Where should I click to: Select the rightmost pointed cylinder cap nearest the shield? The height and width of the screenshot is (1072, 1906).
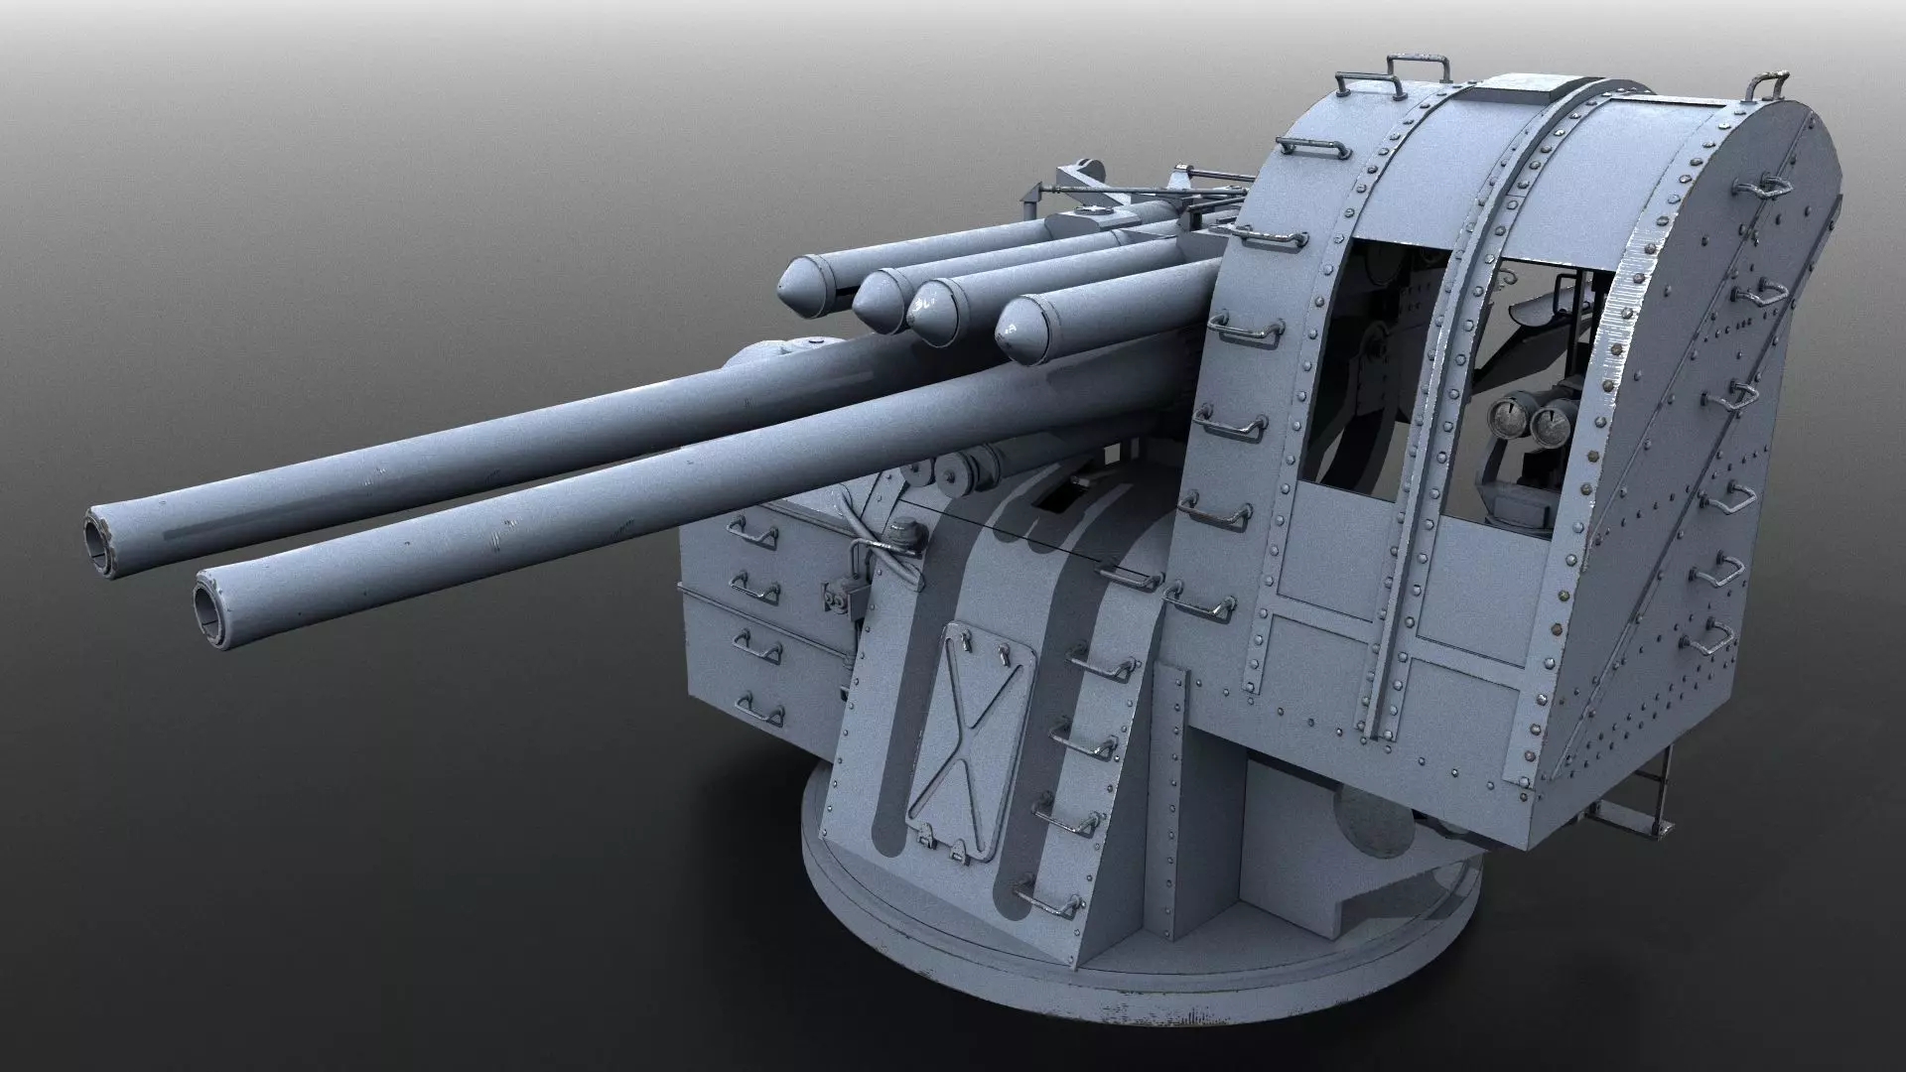pos(1019,332)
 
